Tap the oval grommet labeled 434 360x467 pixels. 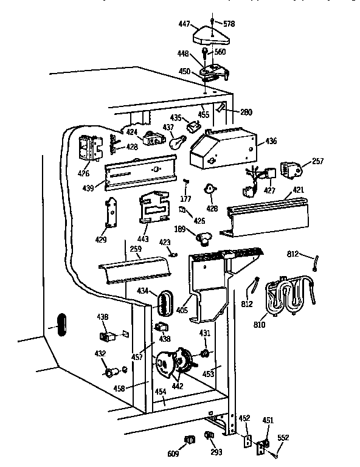pyautogui.click(x=165, y=302)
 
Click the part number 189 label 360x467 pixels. pyautogui.click(x=179, y=230)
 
